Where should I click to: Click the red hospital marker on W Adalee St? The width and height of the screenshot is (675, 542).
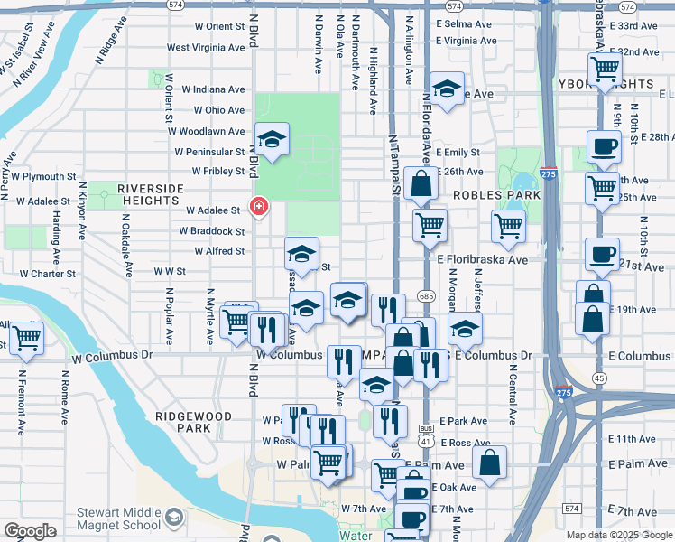coord(259,208)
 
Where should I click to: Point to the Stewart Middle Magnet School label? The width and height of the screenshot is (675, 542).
coord(119,517)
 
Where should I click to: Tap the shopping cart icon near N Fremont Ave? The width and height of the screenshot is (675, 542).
coord(26,338)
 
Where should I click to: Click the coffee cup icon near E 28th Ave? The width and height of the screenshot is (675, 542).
coord(603,146)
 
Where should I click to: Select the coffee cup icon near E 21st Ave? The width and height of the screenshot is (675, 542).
coord(602,254)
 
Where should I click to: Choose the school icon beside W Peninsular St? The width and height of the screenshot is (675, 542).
coord(272,139)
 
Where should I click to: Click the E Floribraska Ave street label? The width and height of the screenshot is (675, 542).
coord(482,259)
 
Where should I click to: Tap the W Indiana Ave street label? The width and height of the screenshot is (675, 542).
coord(213,89)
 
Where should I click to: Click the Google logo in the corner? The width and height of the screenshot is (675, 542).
coord(30,531)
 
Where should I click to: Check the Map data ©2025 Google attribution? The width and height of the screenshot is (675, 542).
coord(618,535)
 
